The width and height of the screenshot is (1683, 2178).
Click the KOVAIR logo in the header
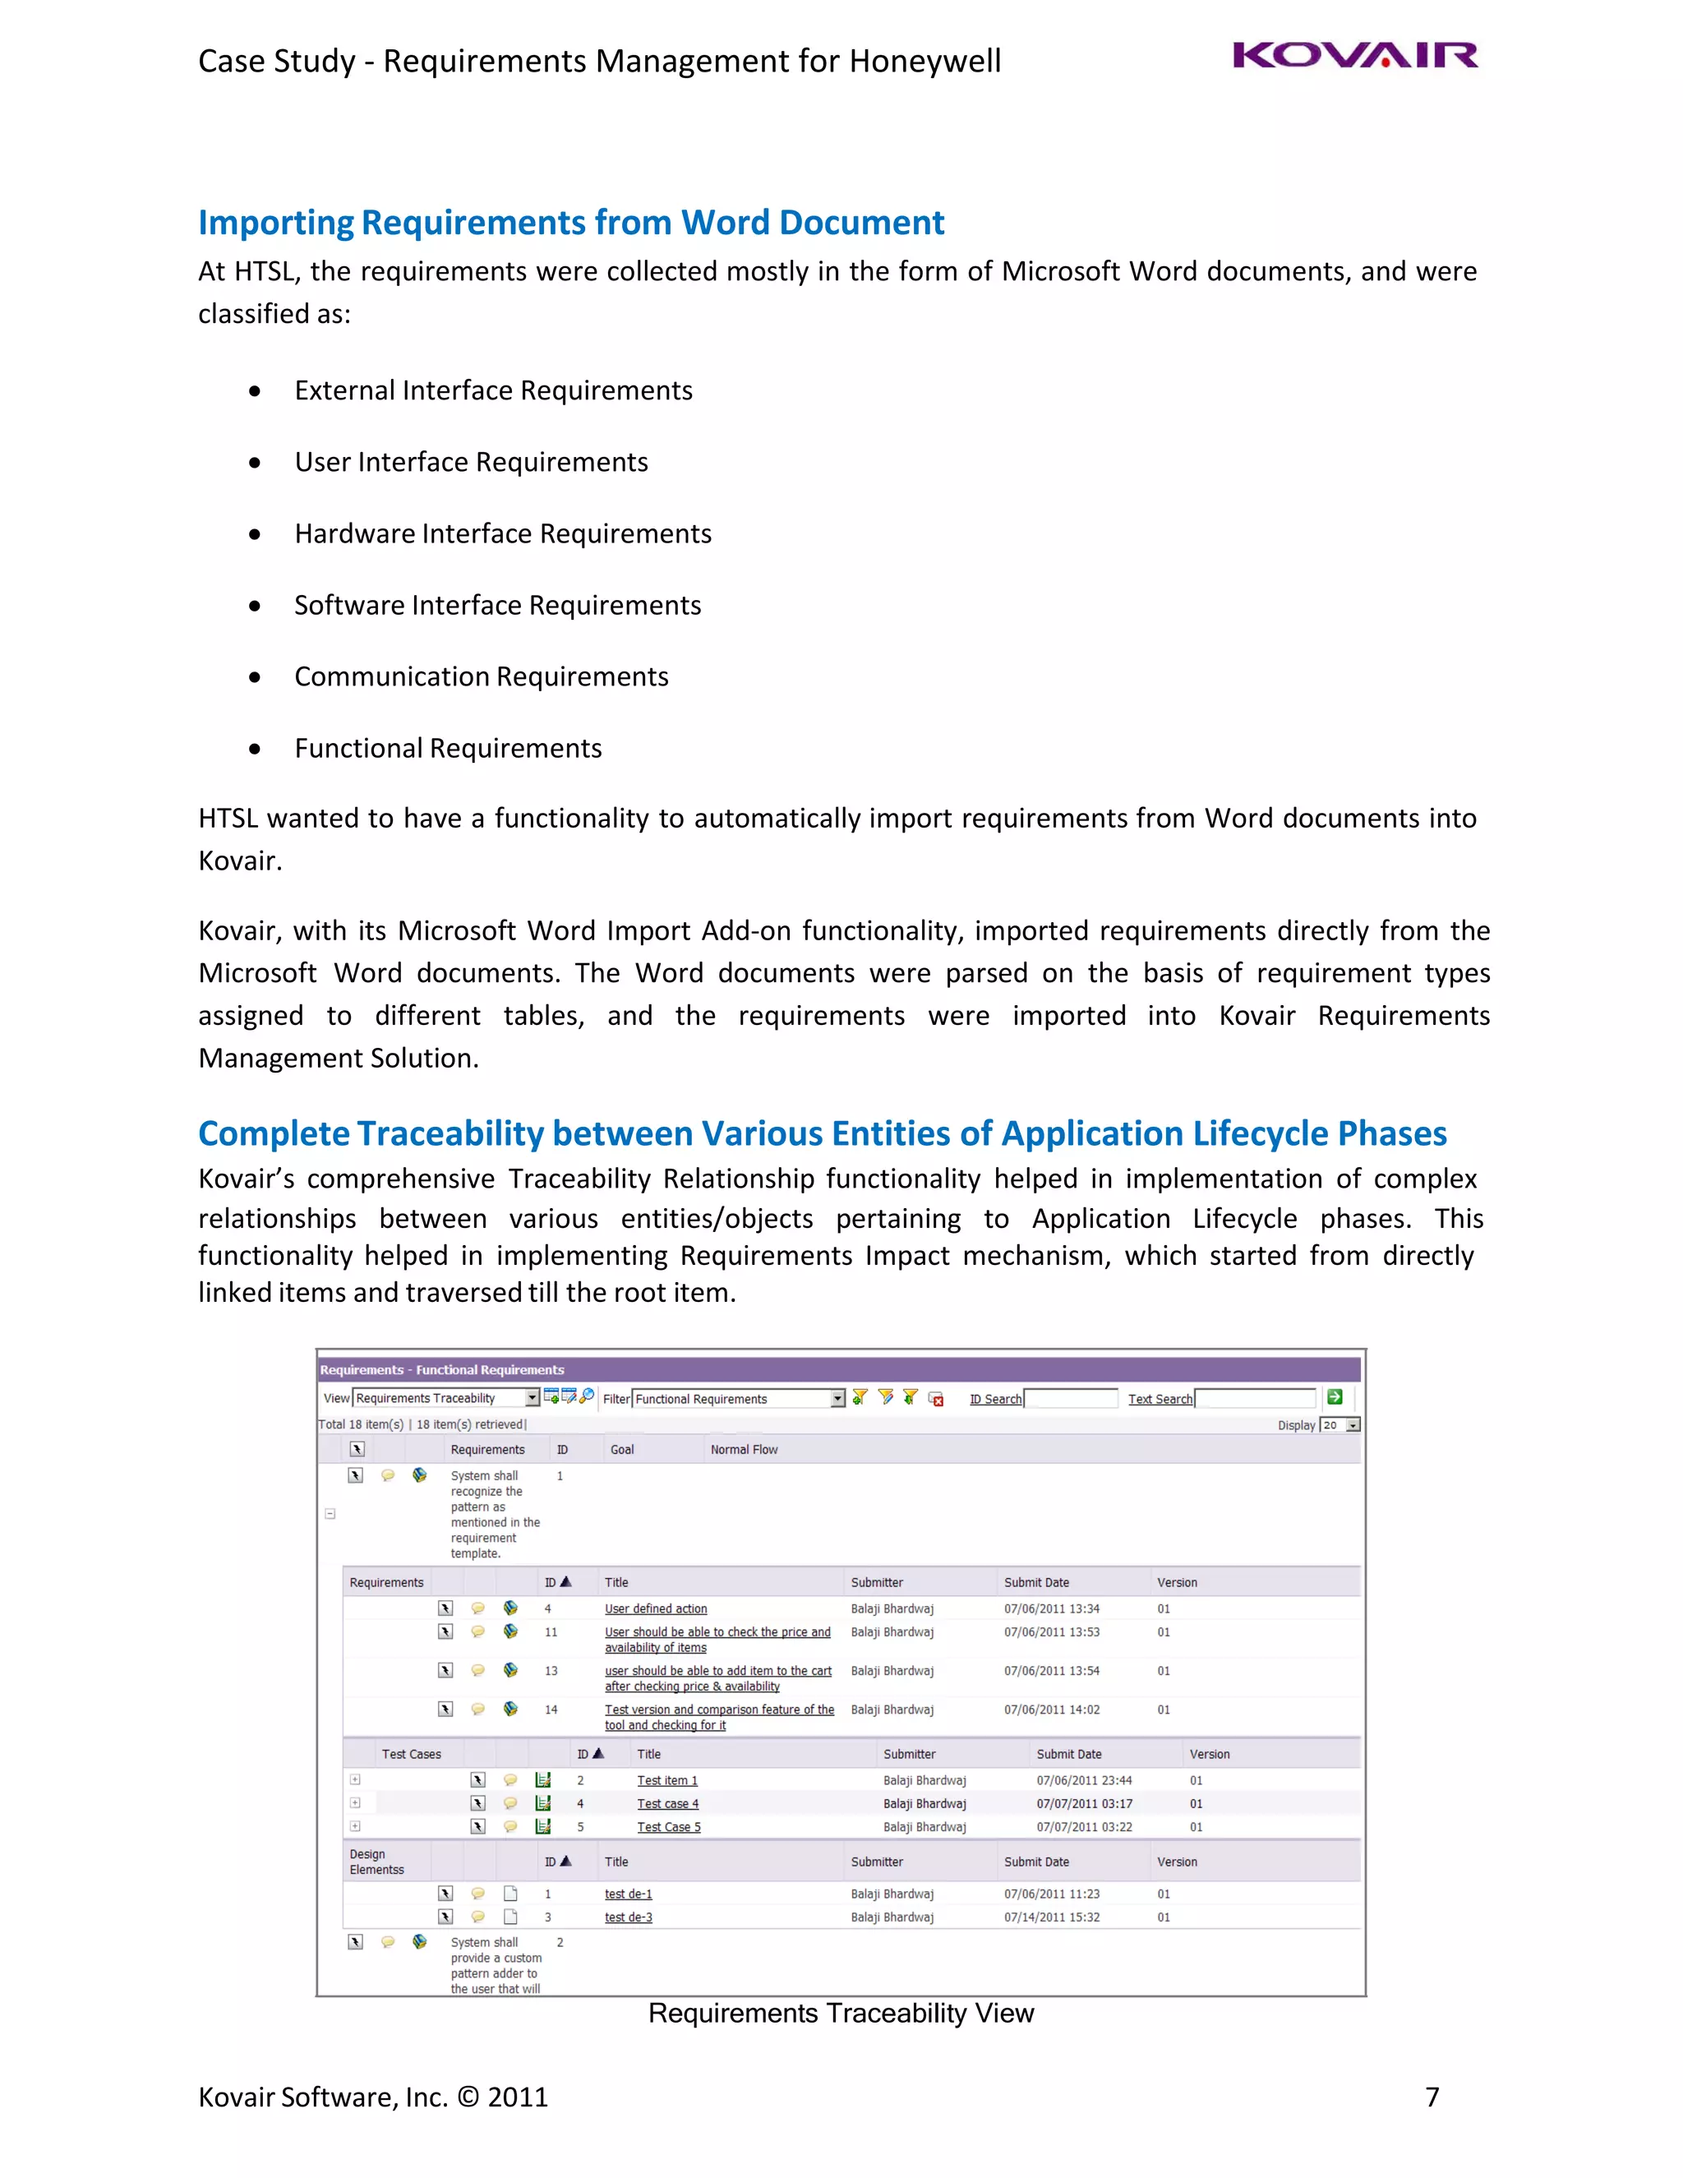click(1354, 56)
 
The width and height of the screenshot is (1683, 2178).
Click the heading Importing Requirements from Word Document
click(570, 223)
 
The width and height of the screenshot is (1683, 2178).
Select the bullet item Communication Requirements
click(481, 677)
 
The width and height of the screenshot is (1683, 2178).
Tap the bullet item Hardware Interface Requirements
click(502, 534)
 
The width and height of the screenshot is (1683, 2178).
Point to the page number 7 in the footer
click(1432, 2097)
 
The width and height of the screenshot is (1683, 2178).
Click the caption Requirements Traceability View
click(841, 2014)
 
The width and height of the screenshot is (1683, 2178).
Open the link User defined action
click(655, 1608)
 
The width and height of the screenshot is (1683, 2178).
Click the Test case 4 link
click(667, 1804)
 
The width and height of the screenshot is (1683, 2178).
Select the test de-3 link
click(628, 1917)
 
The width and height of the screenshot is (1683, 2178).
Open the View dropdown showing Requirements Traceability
click(445, 1398)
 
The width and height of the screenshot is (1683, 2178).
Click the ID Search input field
click(1071, 1398)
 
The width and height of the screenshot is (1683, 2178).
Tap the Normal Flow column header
click(744, 1450)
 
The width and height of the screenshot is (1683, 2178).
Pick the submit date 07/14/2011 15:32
click(1052, 1917)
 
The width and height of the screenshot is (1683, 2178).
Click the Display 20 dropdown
click(1339, 1425)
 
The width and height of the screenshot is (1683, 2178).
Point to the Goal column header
click(622, 1450)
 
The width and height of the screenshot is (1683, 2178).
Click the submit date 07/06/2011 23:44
click(1084, 1780)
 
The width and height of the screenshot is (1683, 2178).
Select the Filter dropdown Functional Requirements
click(738, 1399)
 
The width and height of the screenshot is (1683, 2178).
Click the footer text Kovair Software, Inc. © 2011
click(373, 2097)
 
